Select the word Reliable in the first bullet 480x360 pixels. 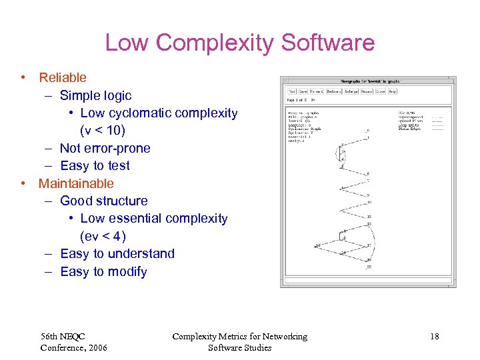63,78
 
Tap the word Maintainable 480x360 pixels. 76,183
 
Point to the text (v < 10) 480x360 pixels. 103,131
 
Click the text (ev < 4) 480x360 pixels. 103,236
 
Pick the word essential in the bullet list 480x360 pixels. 137,219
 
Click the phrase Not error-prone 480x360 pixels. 105,148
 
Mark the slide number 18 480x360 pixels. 434,337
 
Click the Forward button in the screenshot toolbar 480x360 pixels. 315,91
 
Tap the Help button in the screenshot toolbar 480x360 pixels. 393,91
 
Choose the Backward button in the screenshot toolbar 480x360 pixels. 333,91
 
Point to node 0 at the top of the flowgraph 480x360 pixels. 367,131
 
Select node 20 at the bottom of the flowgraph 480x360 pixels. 368,267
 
